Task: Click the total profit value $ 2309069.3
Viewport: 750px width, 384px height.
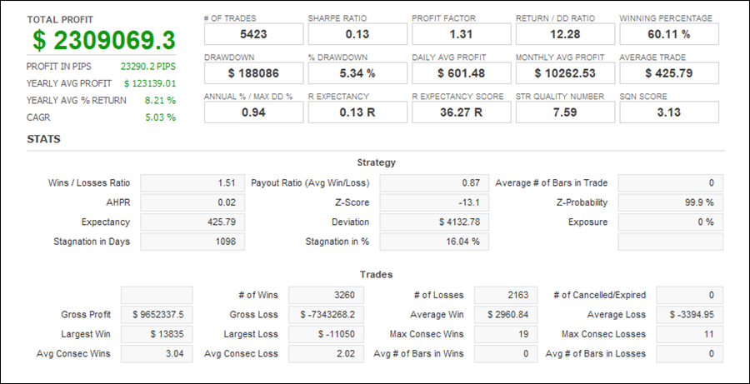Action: tap(105, 40)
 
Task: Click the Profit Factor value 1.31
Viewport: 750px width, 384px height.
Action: tap(460, 35)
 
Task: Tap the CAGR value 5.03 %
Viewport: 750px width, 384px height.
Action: tap(160, 117)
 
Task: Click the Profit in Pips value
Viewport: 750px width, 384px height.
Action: tap(148, 65)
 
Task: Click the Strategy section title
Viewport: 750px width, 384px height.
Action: tap(376, 162)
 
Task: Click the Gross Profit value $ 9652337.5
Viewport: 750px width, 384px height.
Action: tap(157, 315)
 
